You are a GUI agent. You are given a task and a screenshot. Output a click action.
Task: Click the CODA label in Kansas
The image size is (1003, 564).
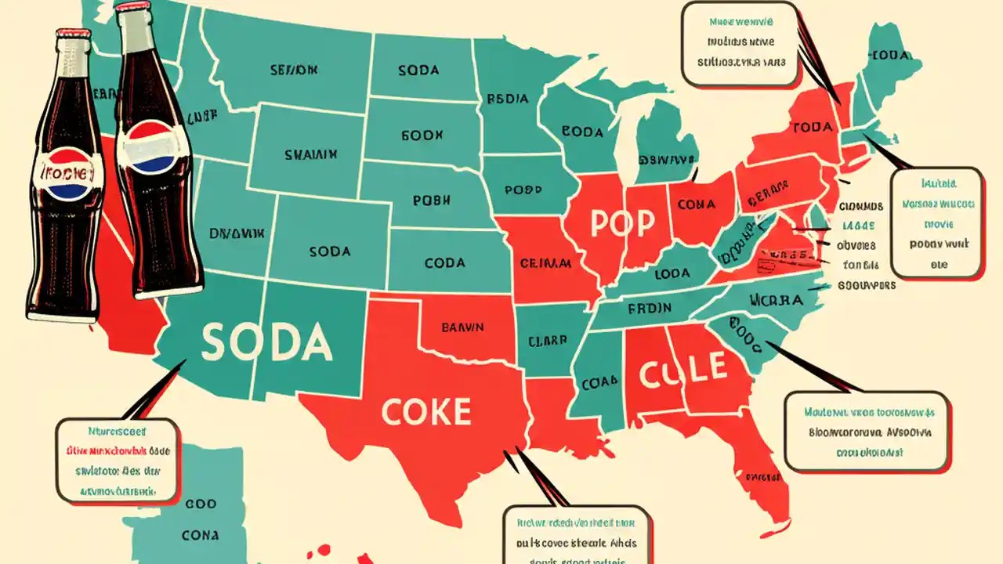[444, 263]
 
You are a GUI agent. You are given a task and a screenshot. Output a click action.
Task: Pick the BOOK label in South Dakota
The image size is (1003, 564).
[422, 135]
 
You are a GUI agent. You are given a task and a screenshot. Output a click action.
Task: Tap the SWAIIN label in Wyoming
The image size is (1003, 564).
[311, 155]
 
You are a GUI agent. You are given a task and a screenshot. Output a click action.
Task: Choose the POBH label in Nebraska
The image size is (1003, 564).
[434, 200]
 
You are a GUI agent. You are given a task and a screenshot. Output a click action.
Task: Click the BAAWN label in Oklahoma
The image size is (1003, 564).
[463, 327]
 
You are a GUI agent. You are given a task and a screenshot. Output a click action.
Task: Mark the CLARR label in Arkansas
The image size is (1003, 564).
[547, 341]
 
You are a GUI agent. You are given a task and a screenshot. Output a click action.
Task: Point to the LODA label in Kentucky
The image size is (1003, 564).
[672, 273]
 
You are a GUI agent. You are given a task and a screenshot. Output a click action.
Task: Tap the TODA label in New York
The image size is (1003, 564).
[811, 126]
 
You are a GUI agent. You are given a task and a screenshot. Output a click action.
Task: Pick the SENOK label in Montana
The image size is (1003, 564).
[294, 70]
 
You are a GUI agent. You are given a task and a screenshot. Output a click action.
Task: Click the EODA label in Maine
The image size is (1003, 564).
[891, 55]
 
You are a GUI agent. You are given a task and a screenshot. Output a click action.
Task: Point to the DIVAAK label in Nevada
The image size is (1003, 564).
[237, 233]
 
